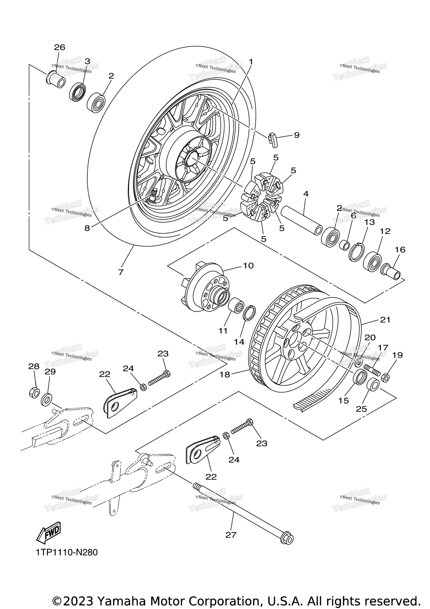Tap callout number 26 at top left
click(x=59, y=47)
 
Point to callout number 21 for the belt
click(x=385, y=320)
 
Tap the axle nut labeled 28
click(x=34, y=392)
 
